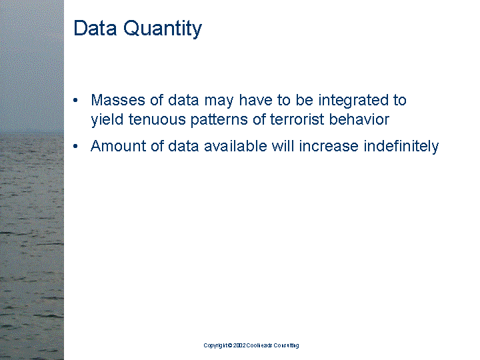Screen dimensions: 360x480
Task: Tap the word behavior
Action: pos(359,120)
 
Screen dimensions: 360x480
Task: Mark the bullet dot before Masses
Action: pos(77,101)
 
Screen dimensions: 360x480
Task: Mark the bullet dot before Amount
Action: pos(77,147)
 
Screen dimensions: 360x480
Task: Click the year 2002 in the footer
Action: pos(240,345)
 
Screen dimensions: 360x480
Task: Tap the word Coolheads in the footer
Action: pos(261,345)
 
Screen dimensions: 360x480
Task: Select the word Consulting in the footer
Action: pos(287,345)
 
